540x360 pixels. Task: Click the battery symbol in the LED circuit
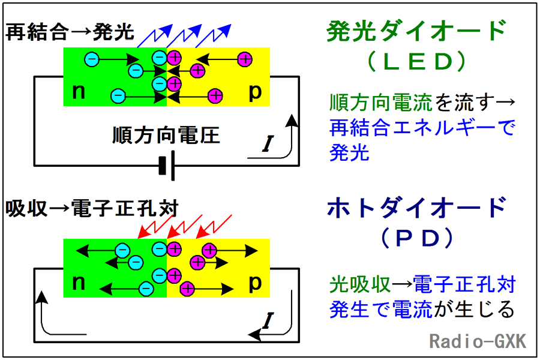(167, 166)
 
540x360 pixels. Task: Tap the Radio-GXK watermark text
(478, 342)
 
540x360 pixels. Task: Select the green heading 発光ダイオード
(416, 31)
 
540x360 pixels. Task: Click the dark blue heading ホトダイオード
(417, 208)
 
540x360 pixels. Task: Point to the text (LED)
(417, 61)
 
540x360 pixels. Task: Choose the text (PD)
(417, 238)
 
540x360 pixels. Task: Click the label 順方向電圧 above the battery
(166, 136)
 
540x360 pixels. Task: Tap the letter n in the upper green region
(79, 92)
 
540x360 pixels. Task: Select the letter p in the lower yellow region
(255, 284)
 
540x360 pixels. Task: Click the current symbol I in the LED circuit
(268, 144)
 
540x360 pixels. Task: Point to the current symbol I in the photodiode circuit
(268, 322)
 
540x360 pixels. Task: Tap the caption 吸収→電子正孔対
(92, 209)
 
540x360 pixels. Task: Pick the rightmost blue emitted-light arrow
(214, 36)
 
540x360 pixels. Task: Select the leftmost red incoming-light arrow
(155, 226)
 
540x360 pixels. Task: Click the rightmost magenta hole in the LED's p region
(245, 59)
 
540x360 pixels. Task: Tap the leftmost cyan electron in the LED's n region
(92, 59)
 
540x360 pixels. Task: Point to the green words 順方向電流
(381, 103)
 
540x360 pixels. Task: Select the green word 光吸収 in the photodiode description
(360, 285)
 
